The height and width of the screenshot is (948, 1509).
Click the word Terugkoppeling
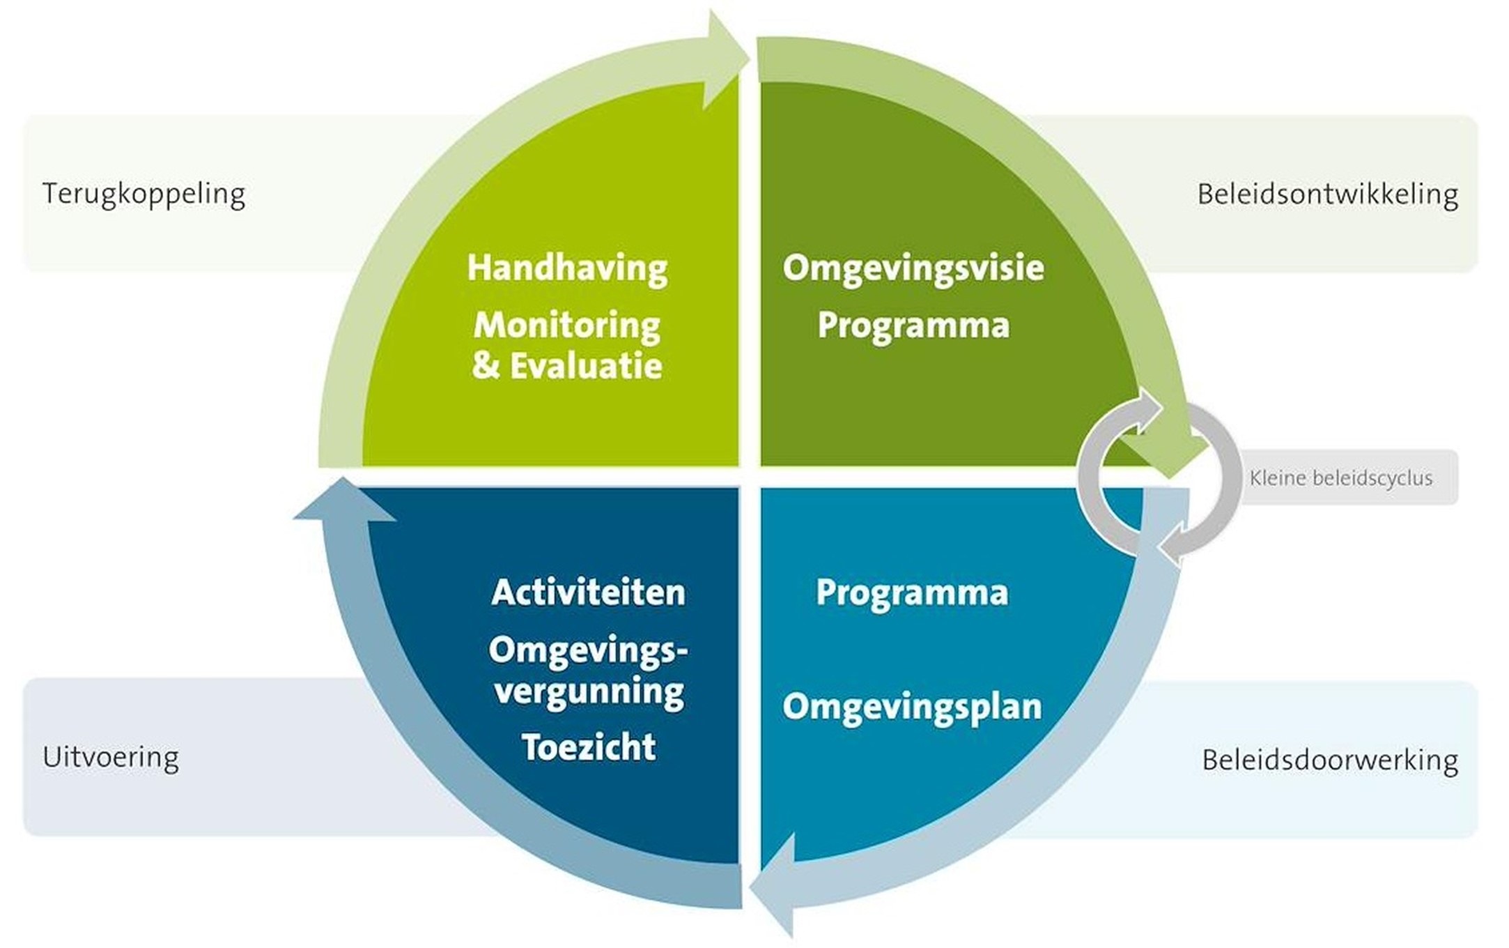point(144,194)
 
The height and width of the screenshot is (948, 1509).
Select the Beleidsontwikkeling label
point(1327,194)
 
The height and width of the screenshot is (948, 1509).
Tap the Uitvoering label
point(111,757)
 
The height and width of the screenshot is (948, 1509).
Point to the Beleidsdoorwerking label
point(1329,760)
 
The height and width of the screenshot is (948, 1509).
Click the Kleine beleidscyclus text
point(1340,478)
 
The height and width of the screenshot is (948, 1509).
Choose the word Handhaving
point(567,268)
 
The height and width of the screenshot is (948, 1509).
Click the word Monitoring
point(567,326)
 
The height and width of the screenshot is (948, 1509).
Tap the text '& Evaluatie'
point(567,366)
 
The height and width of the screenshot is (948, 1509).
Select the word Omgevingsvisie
point(913,268)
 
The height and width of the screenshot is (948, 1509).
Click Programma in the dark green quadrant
point(913,326)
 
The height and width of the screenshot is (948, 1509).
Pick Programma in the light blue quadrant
point(912,592)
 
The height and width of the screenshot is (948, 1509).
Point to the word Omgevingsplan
point(912,707)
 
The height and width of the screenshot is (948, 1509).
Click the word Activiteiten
point(589,592)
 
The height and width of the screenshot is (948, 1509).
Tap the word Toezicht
point(589,747)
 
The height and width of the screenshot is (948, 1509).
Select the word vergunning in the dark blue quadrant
point(589,692)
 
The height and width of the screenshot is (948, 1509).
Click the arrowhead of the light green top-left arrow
point(725,59)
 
